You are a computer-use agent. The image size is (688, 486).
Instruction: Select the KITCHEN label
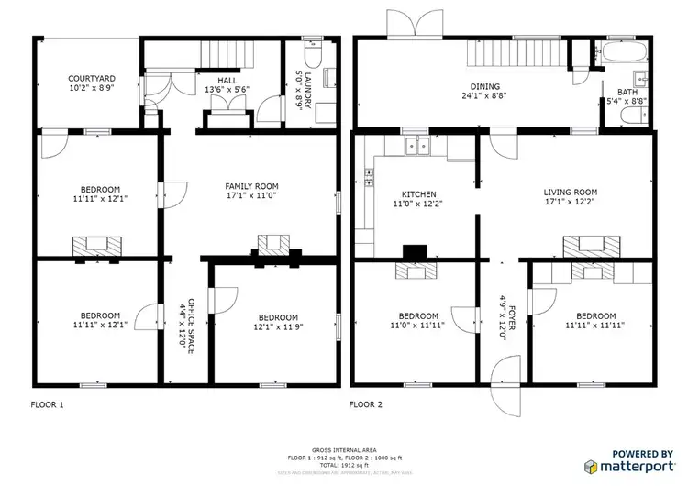[x=419, y=199]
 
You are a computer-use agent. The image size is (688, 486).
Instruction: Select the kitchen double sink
[x=418, y=145]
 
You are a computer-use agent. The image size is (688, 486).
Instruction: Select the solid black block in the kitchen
[x=416, y=250]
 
